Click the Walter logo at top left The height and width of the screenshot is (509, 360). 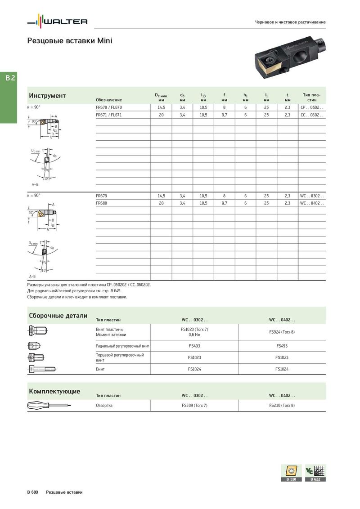click(x=57, y=21)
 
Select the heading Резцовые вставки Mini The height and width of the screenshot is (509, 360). click(x=70, y=41)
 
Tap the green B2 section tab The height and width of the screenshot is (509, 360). click(x=10, y=78)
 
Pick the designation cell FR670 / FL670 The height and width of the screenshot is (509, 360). click(x=109, y=107)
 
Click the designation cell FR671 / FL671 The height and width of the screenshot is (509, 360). click(x=109, y=115)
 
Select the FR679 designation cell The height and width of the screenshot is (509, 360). click(x=102, y=196)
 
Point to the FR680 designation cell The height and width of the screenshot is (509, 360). click(x=102, y=203)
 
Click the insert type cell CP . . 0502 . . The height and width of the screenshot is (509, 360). click(x=311, y=107)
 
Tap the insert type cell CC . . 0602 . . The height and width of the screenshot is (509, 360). click(x=311, y=115)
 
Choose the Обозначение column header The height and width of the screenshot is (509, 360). click(x=109, y=99)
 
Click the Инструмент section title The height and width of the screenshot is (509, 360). click(x=47, y=96)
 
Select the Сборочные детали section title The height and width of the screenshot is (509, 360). click(x=58, y=316)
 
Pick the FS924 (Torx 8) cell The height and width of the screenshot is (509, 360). click(x=282, y=332)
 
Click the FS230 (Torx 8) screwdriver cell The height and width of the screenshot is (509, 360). click(x=282, y=405)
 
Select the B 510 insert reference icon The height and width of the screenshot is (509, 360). click(x=291, y=473)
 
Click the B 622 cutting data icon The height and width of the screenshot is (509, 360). click(x=315, y=473)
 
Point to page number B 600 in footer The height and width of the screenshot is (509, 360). click(x=32, y=492)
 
